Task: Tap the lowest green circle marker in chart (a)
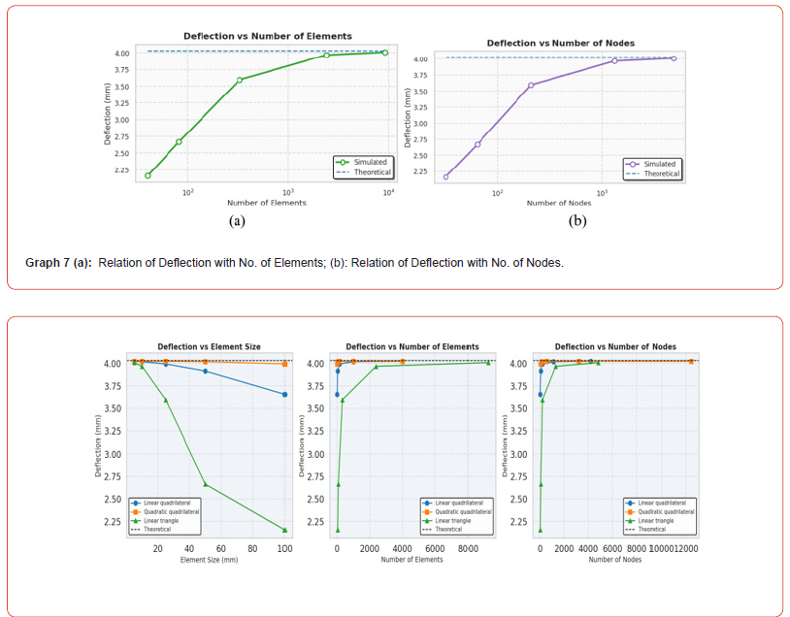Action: pyautogui.click(x=148, y=176)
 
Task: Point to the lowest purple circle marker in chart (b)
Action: pyautogui.click(x=446, y=177)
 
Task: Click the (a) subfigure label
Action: pyautogui.click(x=236, y=221)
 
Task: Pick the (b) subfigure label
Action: pyautogui.click(x=576, y=221)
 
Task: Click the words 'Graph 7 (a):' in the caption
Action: pyautogui.click(x=58, y=262)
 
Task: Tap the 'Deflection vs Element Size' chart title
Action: pyautogui.click(x=209, y=346)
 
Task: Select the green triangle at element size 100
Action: pyautogui.click(x=284, y=530)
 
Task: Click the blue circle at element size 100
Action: pyautogui.click(x=284, y=394)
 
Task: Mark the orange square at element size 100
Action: pyautogui.click(x=284, y=364)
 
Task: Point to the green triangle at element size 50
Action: pyautogui.click(x=205, y=484)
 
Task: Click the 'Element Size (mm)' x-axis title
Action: pyautogui.click(x=208, y=560)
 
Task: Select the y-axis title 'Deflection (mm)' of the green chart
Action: pyautogui.click(x=108, y=114)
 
